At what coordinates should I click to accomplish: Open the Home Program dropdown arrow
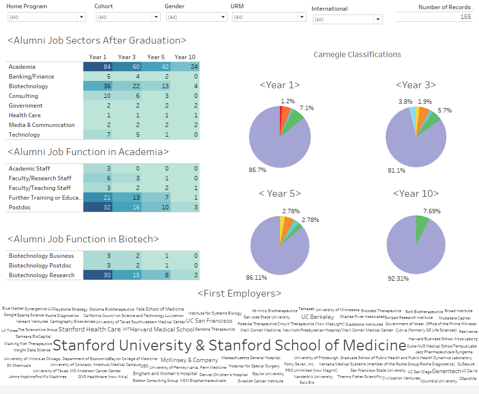81,17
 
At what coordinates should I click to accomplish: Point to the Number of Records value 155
465,17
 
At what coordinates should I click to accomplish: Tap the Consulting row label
23,96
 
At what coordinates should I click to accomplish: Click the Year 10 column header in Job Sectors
185,57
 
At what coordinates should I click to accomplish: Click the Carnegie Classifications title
357,54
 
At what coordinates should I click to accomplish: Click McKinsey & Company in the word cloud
189,360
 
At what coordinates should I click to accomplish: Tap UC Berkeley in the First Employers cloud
318,317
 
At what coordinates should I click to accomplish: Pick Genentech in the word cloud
446,371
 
